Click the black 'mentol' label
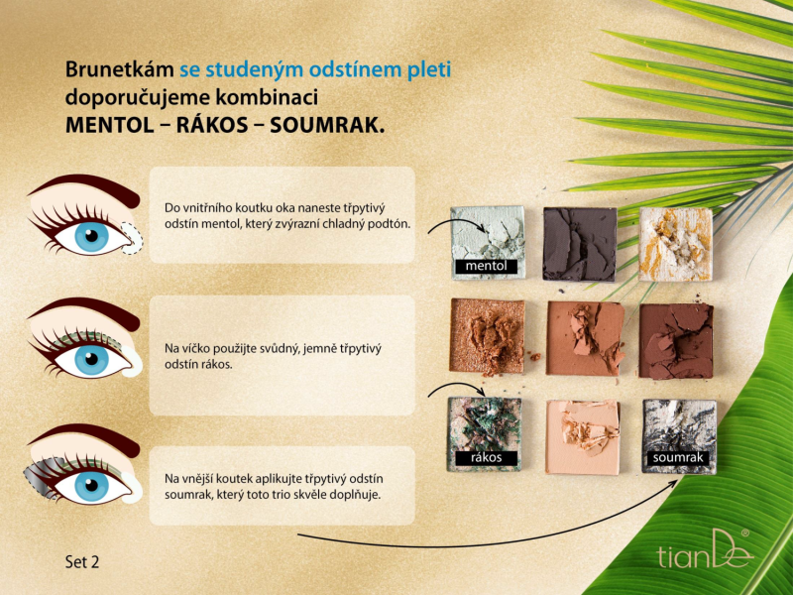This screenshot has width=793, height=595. coord(486,266)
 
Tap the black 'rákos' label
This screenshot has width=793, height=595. coord(486,458)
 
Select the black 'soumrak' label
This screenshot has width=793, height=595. coord(678,458)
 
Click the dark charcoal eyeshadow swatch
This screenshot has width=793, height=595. coord(580,243)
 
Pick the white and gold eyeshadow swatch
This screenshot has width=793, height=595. coord(676,243)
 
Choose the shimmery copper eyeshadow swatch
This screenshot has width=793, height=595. coord(487,337)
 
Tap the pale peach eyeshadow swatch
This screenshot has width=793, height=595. coord(583,437)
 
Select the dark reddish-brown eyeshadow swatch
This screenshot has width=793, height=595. coord(676,340)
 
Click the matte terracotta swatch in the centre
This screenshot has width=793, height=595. coord(585,338)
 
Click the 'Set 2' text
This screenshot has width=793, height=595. coord(82,561)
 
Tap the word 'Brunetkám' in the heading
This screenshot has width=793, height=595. coord(119,69)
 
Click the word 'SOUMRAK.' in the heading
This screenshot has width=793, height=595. coord(327,126)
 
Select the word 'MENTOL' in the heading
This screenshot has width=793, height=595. coord(109,126)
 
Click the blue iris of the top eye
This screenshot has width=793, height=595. coord(91,237)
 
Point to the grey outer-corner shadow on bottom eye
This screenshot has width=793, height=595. coord(43,477)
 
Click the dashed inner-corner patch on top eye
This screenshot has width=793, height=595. coord(133,238)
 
